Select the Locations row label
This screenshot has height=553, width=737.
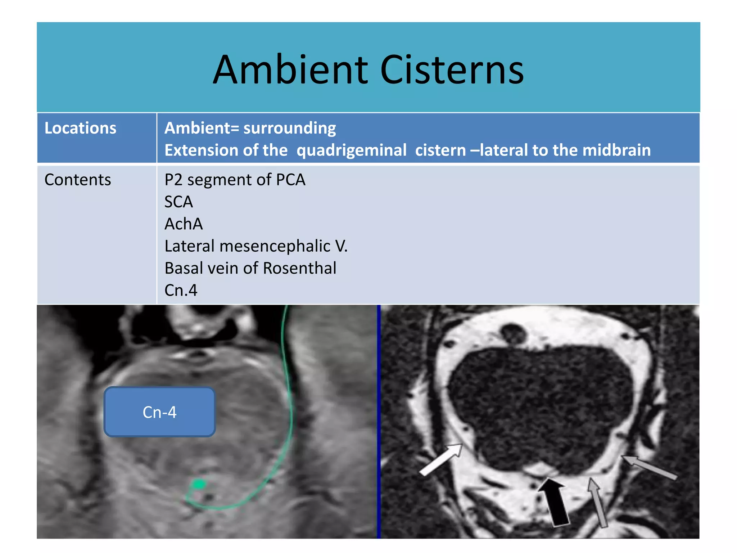tap(80, 128)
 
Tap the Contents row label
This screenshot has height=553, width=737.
tap(77, 180)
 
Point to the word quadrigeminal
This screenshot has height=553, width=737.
tap(351, 150)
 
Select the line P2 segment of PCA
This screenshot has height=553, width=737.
tap(235, 180)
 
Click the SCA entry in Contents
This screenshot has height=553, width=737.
tap(178, 202)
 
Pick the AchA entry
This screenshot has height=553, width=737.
tap(184, 224)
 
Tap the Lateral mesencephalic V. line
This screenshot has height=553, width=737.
tap(256, 246)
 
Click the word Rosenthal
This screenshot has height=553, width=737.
tap(299, 268)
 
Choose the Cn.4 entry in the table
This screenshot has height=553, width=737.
tap(181, 290)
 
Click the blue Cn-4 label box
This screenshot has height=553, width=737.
tap(159, 412)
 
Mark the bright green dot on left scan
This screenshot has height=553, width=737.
tap(198, 484)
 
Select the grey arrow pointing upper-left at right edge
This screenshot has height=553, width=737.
tap(650, 467)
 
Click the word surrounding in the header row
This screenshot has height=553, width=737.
tap(290, 128)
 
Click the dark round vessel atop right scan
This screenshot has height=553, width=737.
tap(513, 333)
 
